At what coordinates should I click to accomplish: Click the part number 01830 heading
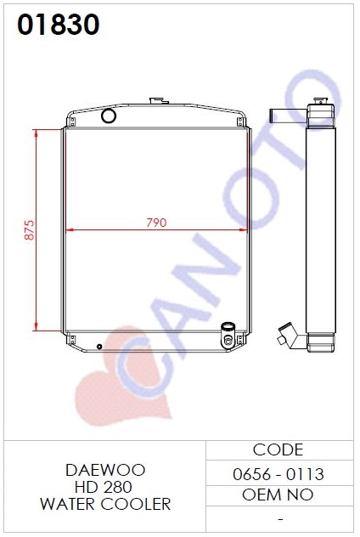click(59, 25)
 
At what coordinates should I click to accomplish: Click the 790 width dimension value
click(156, 223)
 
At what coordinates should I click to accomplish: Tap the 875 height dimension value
click(30, 229)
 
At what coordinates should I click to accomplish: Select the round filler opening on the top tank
click(109, 116)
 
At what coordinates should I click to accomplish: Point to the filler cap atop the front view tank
click(159, 100)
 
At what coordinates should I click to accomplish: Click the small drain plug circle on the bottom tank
click(99, 347)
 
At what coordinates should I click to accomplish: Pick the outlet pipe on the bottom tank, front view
click(228, 335)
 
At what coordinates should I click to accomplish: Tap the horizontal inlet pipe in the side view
click(288, 117)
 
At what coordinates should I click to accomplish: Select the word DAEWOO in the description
click(105, 470)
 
